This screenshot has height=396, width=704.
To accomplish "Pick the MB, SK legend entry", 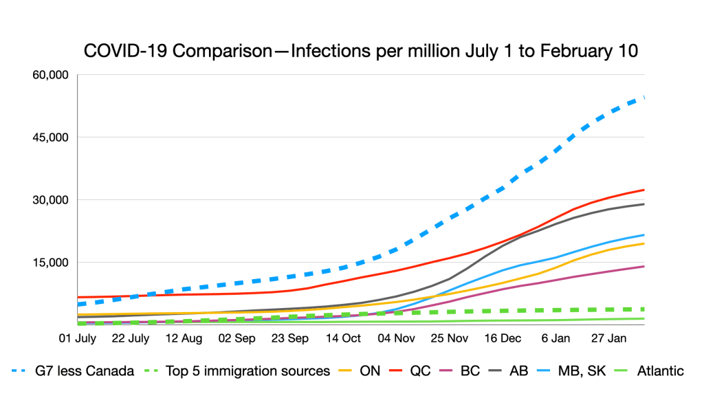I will click(584, 371).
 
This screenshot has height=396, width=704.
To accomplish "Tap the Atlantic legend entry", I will click(661, 371).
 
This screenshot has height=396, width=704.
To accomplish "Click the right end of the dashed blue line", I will click(643, 98).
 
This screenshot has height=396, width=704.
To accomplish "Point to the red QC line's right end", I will click(643, 190).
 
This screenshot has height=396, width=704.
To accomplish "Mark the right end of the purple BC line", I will click(643, 266).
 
